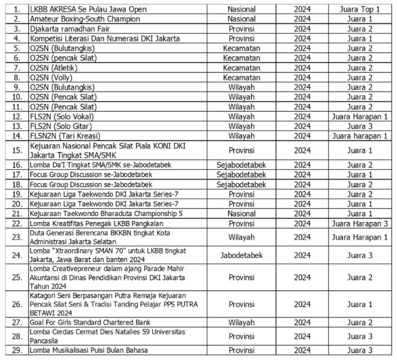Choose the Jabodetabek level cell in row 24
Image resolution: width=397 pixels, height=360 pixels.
[x=241, y=255]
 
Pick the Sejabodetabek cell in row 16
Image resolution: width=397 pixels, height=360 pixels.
[x=241, y=165]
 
